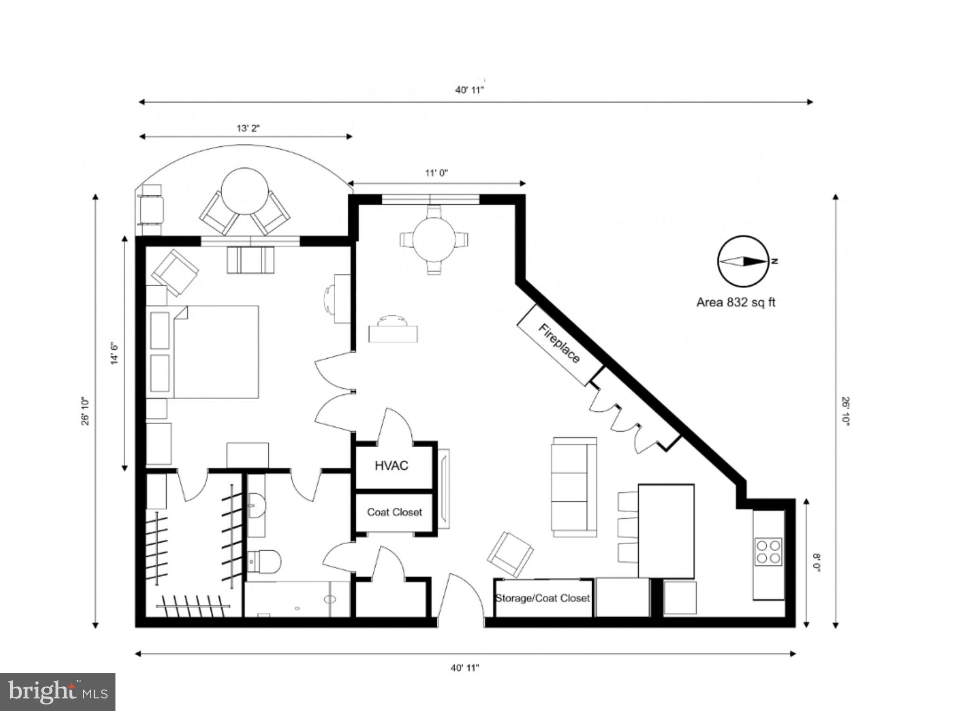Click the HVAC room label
pos(391,465)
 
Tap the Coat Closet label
pos(394,512)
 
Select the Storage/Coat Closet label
pos(542,598)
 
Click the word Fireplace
pos(559,344)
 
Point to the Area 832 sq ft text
pos(736,302)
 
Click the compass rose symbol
pos(743,261)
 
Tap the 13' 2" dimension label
pos(248,129)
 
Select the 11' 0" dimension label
pos(436,173)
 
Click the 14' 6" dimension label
pos(115,353)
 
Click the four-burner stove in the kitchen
pos(768,552)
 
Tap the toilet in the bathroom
pos(264,561)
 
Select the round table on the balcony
pos(244,191)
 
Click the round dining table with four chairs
pos(434,240)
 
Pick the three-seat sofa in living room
pos(574,487)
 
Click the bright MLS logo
pos(57,692)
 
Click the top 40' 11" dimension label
pos(469,90)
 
